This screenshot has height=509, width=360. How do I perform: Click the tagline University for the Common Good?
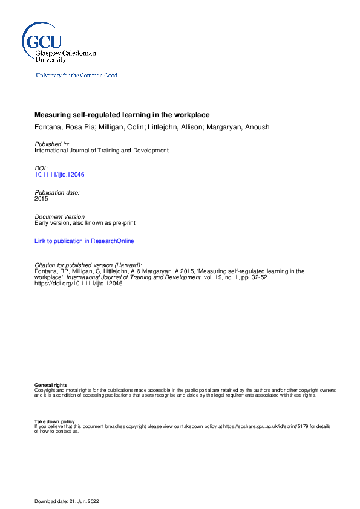[76, 76]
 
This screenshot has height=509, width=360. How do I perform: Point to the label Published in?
[52, 144]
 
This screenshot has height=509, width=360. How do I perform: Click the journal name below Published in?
[102, 151]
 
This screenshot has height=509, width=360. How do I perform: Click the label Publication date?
[57, 192]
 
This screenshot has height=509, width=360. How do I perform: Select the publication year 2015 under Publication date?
[41, 198]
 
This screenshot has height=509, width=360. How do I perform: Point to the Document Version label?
[60, 216]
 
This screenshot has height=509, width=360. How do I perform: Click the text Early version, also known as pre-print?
[85, 222]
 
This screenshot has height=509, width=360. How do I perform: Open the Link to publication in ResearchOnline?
[84, 241]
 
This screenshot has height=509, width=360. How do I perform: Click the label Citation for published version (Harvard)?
[88, 265]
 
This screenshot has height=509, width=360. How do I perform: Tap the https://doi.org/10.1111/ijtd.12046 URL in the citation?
[79, 283]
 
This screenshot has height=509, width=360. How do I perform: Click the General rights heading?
[51, 385]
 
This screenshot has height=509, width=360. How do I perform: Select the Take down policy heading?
[54, 421]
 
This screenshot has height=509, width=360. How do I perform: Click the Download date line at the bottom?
[67, 501]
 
